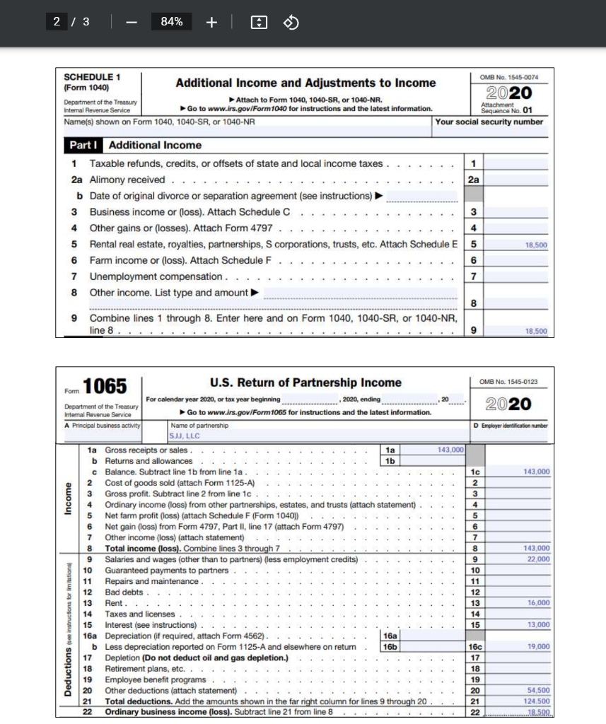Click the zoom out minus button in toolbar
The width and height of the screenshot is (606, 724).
click(x=132, y=22)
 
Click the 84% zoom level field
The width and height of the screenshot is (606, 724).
click(x=172, y=22)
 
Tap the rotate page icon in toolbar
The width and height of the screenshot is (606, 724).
click(x=291, y=23)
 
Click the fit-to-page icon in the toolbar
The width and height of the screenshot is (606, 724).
click(x=260, y=23)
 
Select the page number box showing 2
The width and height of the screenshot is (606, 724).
click(x=57, y=22)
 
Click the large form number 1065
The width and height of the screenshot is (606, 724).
click(x=105, y=387)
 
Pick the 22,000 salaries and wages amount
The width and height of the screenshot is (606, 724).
click(x=538, y=559)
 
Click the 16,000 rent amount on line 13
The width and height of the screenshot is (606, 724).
click(x=538, y=602)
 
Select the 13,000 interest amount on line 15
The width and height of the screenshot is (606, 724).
click(x=538, y=624)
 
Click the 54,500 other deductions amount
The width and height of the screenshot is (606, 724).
click(x=538, y=690)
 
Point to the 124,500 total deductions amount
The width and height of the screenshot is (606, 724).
click(x=537, y=701)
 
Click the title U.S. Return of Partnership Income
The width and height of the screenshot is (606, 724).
click(x=305, y=383)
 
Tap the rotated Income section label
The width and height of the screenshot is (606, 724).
click(x=69, y=500)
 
